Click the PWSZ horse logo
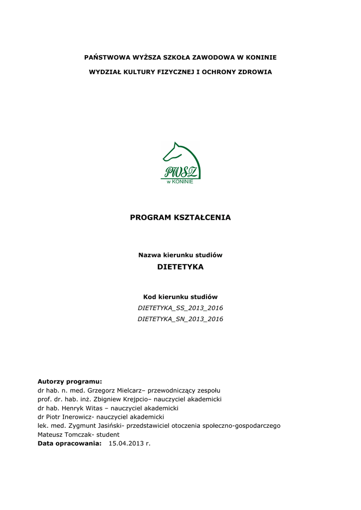[180, 160]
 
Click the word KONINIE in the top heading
[259, 57]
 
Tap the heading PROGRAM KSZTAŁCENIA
[180, 218]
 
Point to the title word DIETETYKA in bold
[180, 267]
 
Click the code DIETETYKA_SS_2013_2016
[180, 308]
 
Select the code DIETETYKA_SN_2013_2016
[180, 319]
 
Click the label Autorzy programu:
[70, 381]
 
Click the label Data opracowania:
[70, 443]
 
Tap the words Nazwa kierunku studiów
[180, 255]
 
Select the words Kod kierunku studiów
[180, 297]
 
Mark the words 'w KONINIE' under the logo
[180, 181]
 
